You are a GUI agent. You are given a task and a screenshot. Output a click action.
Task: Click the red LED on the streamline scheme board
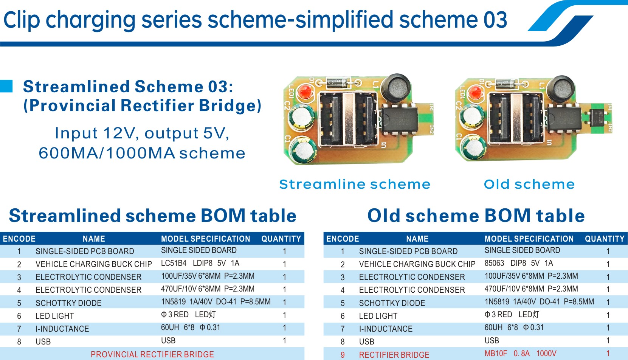[304, 92]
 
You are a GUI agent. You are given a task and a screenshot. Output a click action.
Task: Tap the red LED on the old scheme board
[474, 92]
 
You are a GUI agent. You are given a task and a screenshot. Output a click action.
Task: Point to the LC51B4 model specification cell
[200, 263]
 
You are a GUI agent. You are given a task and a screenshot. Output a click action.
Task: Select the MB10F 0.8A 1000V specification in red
[520, 354]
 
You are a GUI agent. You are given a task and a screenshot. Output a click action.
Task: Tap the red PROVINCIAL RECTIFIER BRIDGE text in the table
[152, 354]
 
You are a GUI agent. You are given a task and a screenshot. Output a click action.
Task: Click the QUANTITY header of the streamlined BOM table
[281, 239]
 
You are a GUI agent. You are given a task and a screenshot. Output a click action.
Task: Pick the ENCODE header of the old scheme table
[343, 239]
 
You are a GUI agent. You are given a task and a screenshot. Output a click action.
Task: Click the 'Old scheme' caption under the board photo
[529, 184]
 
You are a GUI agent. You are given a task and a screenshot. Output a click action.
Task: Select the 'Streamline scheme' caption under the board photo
[355, 184]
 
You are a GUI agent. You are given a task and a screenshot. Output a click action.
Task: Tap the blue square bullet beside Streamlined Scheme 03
[6, 86]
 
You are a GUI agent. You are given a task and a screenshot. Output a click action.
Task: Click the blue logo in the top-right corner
[567, 21]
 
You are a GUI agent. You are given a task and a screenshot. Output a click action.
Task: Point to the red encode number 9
[343, 355]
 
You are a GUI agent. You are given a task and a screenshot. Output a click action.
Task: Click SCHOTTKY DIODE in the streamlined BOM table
[68, 303]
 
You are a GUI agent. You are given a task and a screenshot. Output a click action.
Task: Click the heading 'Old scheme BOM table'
[476, 216]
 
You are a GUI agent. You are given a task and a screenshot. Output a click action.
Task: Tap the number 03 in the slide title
[495, 20]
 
